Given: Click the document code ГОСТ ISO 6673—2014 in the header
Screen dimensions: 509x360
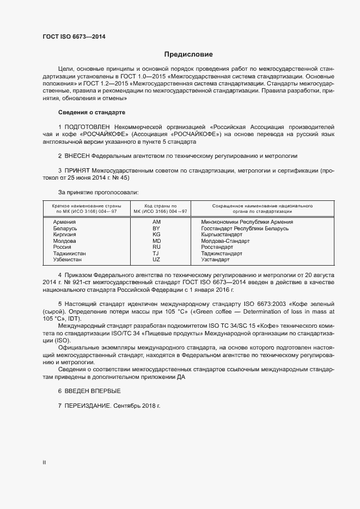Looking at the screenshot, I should pyautogui.click(x=74, y=37).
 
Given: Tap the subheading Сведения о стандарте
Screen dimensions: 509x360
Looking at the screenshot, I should pyautogui.click(x=91, y=112).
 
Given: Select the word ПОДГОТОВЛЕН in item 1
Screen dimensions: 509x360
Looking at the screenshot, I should pyautogui.click(x=90, y=127).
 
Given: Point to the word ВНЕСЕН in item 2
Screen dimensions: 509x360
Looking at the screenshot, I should pyautogui.click(x=80, y=156).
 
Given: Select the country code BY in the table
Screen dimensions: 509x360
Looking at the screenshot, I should pyautogui.click(x=156, y=228).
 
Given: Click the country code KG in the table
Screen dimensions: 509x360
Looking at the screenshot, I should pyautogui.click(x=156, y=234).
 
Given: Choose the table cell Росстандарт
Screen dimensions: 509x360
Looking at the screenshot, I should pyautogui.click(x=217, y=247).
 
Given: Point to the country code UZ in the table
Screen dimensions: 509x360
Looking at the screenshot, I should pyautogui.click(x=156, y=259).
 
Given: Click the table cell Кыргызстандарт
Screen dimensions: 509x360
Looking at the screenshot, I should pyautogui.click(x=223, y=234).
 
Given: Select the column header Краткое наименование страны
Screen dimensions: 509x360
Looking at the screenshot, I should pyautogui.click(x=86, y=207).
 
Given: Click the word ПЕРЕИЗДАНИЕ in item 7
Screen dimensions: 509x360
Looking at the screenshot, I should pyautogui.click(x=88, y=406).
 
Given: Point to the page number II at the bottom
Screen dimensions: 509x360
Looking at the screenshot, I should pyautogui.click(x=44, y=463).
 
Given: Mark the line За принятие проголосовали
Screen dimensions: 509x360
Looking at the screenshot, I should pyautogui.click(x=98, y=192).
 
